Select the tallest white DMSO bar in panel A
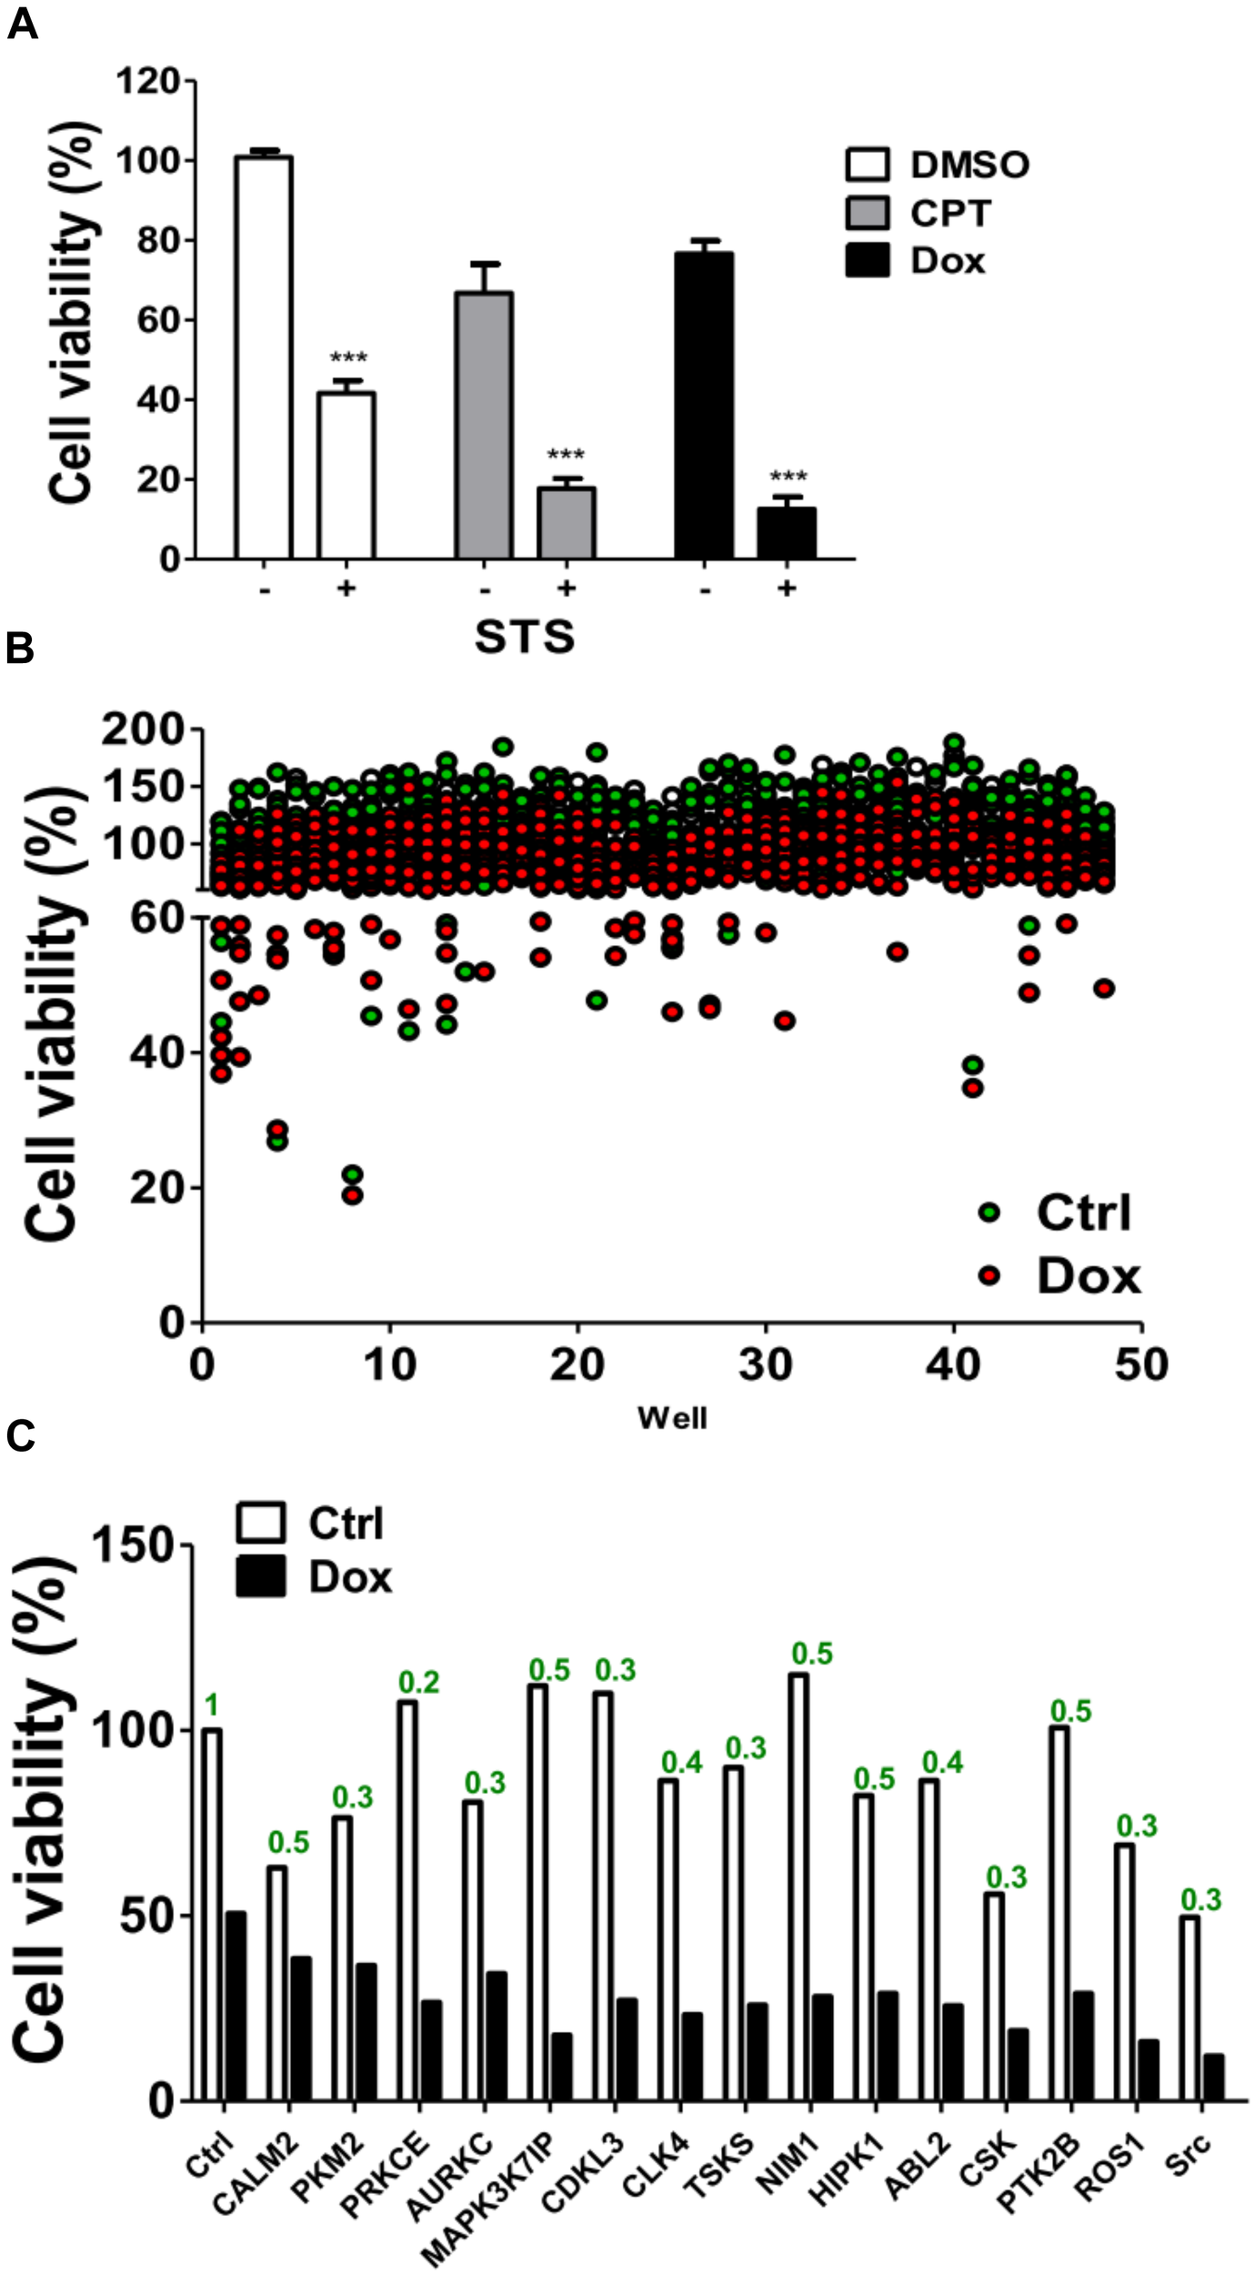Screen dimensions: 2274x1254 pos(263,357)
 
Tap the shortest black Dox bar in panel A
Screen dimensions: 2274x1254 pos(786,533)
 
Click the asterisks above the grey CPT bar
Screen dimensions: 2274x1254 pos(565,455)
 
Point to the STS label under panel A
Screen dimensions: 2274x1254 pos(525,637)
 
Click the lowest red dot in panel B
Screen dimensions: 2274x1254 pos(353,1194)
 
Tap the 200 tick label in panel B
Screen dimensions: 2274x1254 pos(143,729)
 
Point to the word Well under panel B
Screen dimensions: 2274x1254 pos(671,1417)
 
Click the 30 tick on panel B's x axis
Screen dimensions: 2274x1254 pos(765,1365)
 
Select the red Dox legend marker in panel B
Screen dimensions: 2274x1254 pos(989,1275)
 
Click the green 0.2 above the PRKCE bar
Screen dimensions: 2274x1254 pos(419,1683)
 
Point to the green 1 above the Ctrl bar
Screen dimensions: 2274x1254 pos(210,1706)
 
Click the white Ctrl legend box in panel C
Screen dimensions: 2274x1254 pos(260,1523)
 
